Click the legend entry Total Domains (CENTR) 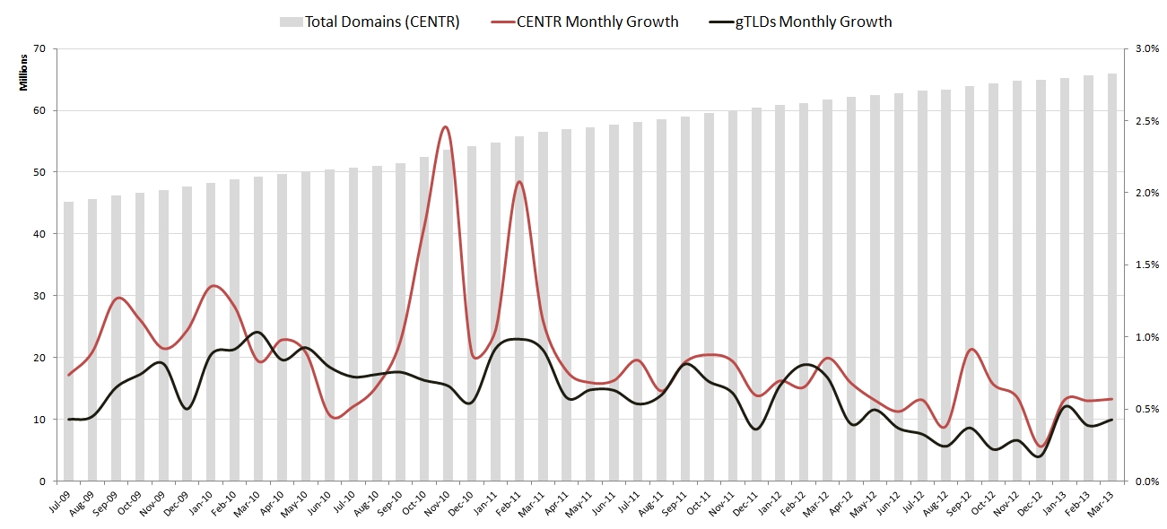pos(382,22)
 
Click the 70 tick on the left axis pos(39,48)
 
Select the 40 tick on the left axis pos(39,234)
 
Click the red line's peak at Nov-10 pos(446,127)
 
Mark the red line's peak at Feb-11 pos(518,181)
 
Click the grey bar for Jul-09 pos(69,341)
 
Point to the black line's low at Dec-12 pos(1039,456)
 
